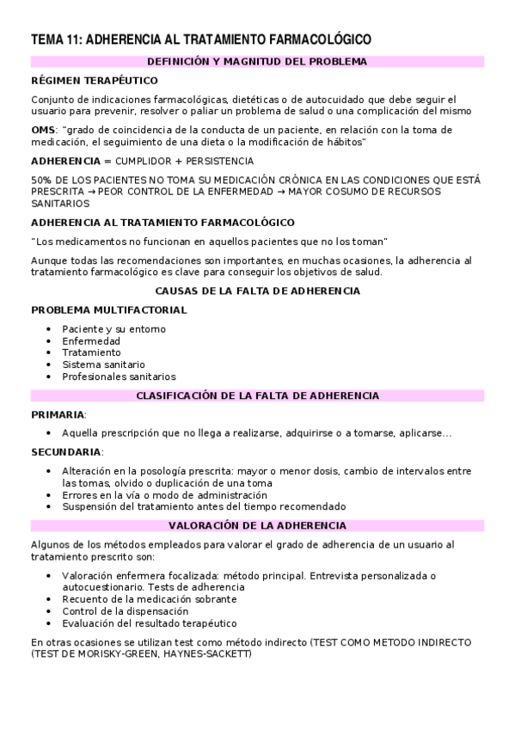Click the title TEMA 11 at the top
200,40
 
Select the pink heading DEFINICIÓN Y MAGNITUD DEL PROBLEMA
257,61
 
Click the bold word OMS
44,130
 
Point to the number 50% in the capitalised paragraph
41,180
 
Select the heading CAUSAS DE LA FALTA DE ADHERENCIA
257,291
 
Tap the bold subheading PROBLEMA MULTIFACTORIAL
108,309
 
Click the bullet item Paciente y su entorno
113,328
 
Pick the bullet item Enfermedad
90,340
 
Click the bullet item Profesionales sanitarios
119,376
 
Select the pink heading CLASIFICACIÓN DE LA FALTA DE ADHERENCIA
257,395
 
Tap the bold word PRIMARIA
58,414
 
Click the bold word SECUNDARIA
66,451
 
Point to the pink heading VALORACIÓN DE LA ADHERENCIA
257,525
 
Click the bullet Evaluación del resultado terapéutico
149,623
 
